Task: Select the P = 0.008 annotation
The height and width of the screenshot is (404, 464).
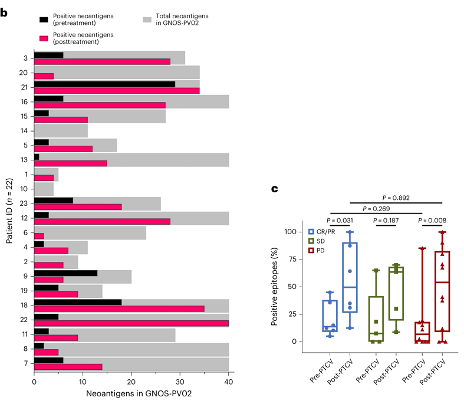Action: tap(432, 221)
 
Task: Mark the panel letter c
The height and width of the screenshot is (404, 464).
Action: tap(274, 189)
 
